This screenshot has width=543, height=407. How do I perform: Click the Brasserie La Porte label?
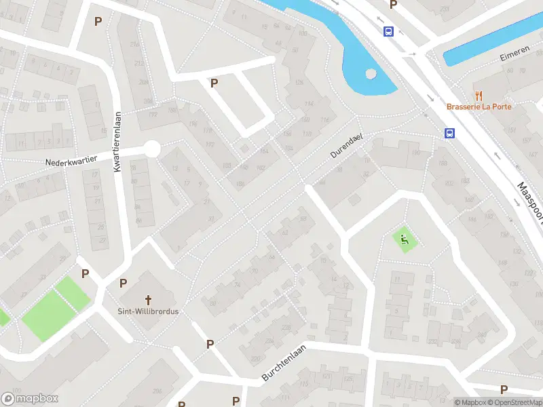point(479,106)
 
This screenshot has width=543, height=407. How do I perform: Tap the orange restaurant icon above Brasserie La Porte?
point(479,96)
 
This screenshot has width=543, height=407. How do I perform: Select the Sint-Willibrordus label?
point(149,312)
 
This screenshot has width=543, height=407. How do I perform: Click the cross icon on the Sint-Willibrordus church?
point(149,299)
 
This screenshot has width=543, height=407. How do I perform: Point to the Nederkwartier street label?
point(71,162)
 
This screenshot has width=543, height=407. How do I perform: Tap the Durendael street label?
point(348,145)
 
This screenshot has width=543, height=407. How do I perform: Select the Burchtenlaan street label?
point(284,370)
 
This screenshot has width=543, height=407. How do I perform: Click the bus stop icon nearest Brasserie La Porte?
point(449,133)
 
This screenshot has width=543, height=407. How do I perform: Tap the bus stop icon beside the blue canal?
point(389,31)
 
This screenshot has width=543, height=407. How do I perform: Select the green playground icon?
point(404,239)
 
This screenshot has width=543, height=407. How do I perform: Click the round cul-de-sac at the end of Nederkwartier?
point(152,149)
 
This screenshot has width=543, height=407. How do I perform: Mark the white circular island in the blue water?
point(371,74)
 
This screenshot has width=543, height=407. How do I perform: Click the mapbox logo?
point(31,399)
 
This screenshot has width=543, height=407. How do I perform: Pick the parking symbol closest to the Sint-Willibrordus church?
point(124,283)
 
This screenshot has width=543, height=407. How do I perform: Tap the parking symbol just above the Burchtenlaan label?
point(210,344)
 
